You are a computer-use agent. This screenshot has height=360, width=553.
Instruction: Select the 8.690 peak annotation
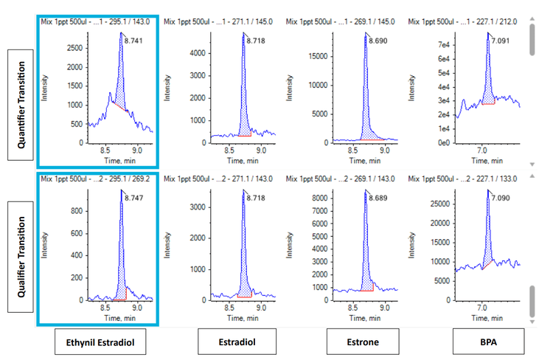(x=379, y=38)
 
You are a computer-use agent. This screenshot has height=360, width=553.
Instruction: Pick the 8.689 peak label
(x=378, y=198)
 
